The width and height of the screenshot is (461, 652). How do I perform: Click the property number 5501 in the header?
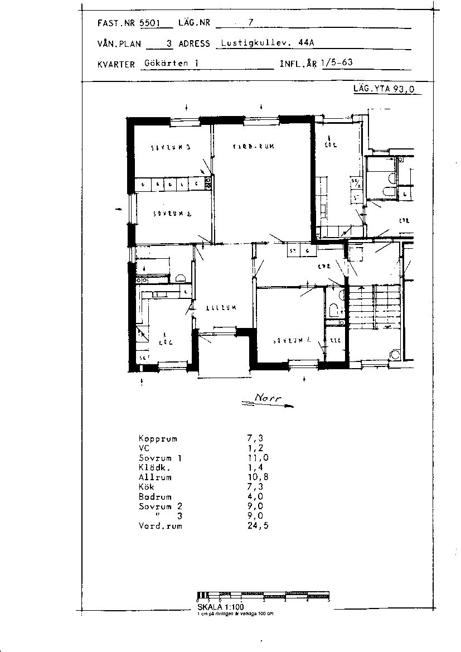click(x=149, y=23)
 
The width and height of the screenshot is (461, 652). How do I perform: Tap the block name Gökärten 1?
click(x=171, y=63)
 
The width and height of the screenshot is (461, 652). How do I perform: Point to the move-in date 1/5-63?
click(x=337, y=62)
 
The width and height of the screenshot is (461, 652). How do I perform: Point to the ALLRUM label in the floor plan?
click(x=221, y=307)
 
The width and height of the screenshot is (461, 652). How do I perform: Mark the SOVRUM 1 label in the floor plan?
click(x=288, y=340)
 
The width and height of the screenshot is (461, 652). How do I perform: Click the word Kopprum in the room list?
click(x=158, y=438)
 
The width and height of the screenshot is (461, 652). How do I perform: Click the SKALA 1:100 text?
click(x=221, y=607)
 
